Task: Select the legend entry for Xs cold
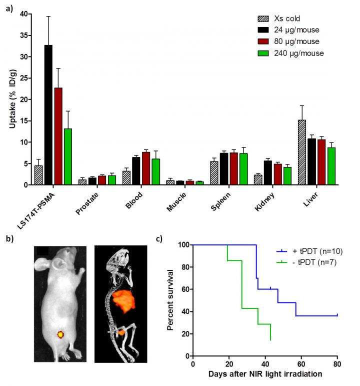pos(285,19)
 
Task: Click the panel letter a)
pos(9,9)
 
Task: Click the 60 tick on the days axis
pos(301,363)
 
